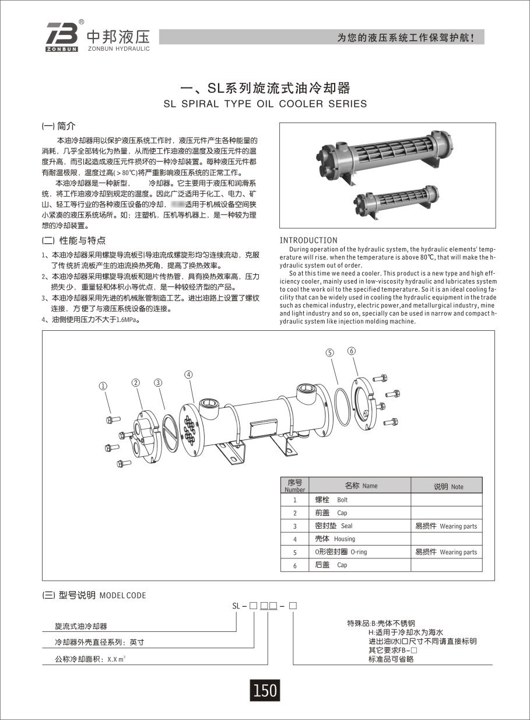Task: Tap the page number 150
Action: coord(265,690)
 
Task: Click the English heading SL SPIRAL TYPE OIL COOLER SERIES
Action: coord(265,104)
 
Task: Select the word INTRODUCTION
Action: coord(308,240)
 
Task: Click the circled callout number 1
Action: coord(103,386)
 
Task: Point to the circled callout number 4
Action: coord(188,374)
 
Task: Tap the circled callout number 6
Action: coord(351,351)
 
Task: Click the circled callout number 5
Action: coord(329,352)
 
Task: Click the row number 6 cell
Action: coord(294,565)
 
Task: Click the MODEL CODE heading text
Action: coord(123,596)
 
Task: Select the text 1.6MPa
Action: coord(128,320)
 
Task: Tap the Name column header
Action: coord(360,485)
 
